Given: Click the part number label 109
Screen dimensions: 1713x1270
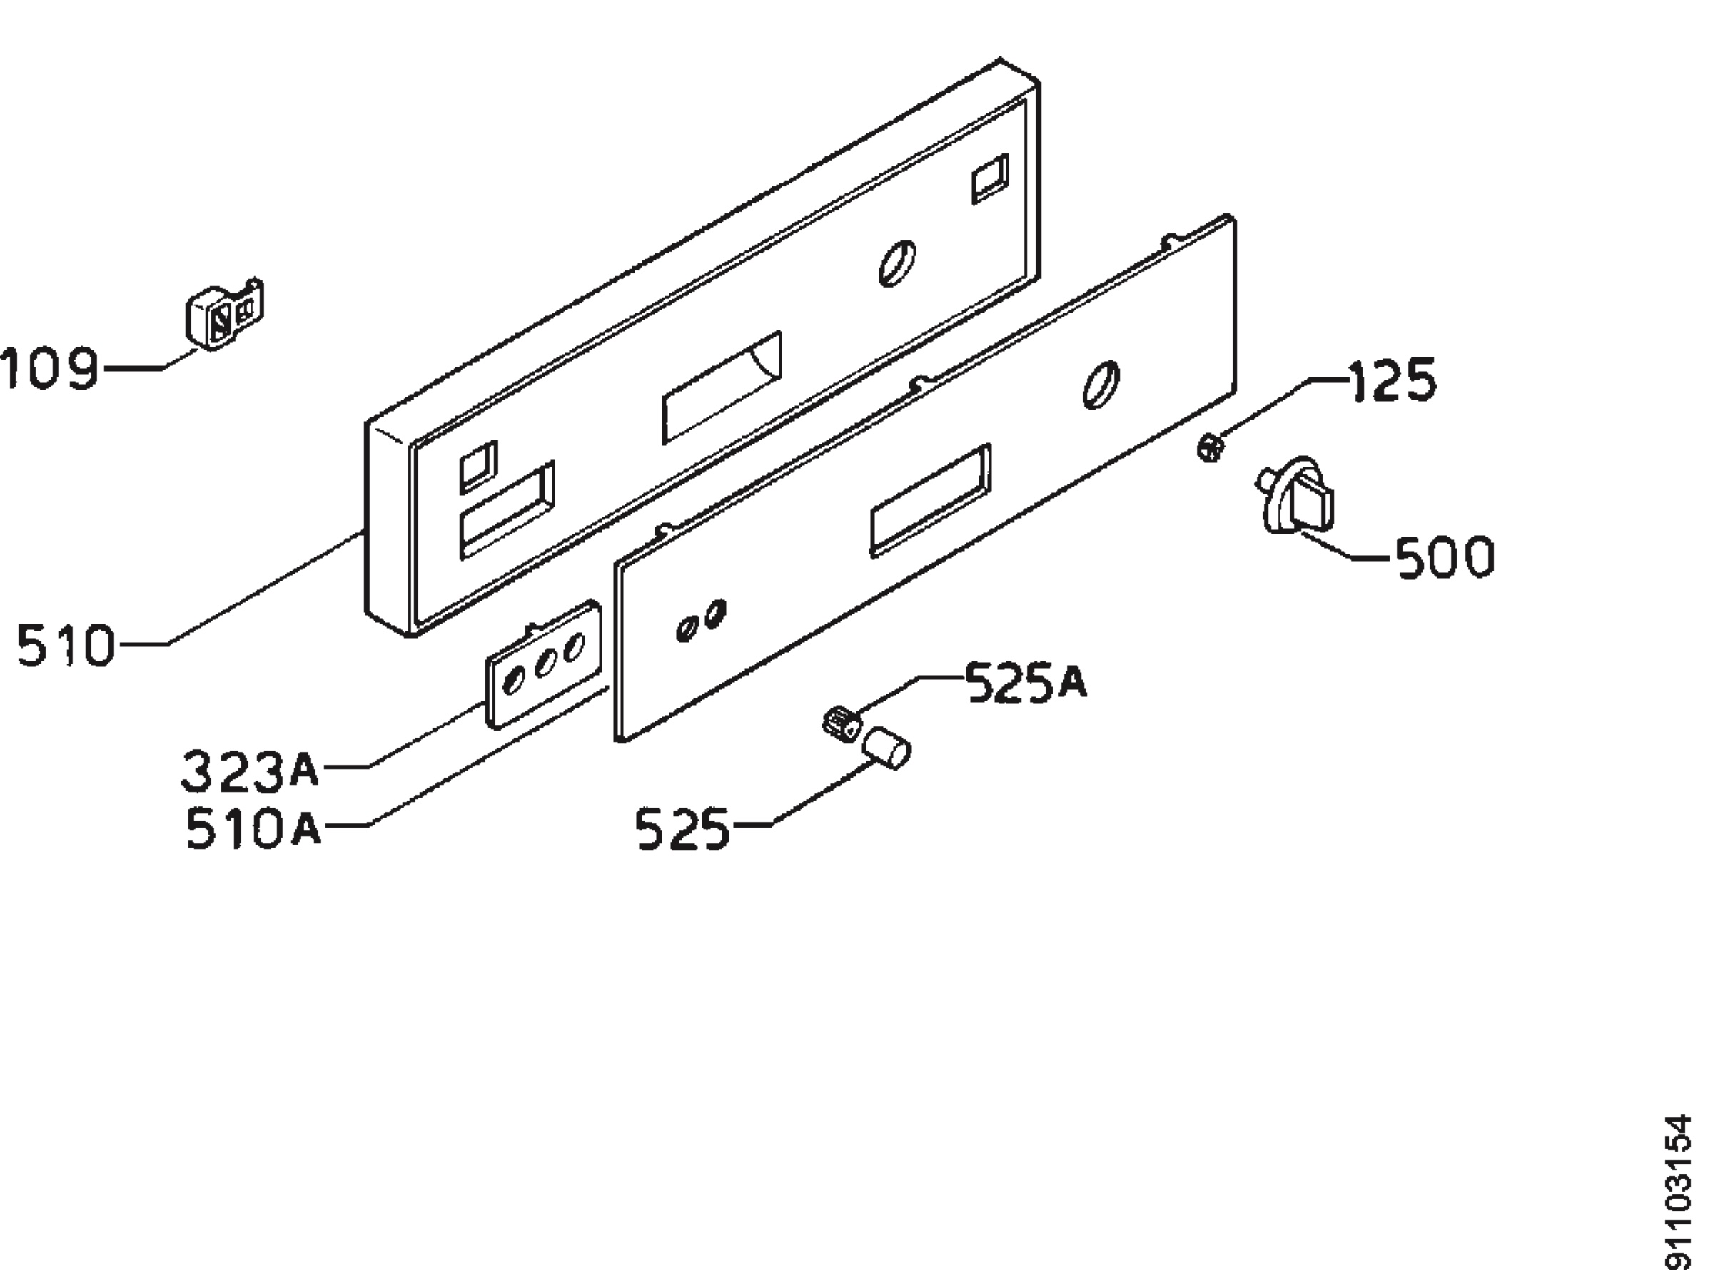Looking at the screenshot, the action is point(49,368).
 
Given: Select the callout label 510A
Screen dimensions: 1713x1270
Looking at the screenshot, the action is point(253,830).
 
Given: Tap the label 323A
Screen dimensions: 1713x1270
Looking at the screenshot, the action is point(250,772).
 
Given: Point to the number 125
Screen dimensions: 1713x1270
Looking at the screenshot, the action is point(1393,380).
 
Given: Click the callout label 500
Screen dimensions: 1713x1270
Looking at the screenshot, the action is point(1444,557).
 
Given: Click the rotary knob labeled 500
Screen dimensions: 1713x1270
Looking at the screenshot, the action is point(1298,497).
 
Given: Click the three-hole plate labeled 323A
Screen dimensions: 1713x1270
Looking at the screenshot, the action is point(543,663).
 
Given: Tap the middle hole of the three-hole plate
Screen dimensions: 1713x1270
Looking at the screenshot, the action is point(545,663).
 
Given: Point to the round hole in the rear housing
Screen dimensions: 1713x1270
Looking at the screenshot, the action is point(897,264).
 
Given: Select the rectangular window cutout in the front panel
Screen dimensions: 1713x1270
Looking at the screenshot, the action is point(930,499).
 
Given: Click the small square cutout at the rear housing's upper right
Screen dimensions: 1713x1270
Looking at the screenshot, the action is point(990,178).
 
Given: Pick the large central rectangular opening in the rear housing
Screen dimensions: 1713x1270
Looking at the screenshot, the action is point(722,387).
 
